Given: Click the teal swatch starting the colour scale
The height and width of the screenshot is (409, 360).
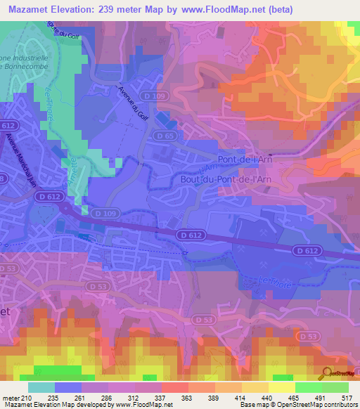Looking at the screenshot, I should coord(41,387).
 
